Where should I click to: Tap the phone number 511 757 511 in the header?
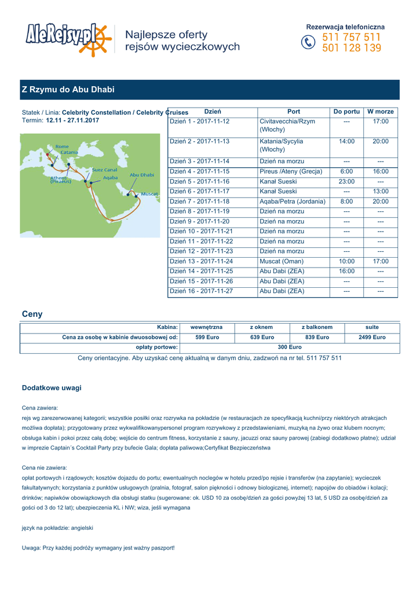(352, 38)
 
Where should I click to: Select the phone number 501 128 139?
(352, 48)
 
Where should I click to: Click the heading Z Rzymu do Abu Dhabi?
(68, 90)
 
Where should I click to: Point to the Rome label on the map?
(62, 147)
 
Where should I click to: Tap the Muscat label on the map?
(149, 193)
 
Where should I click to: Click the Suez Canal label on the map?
(105, 170)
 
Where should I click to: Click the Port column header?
(294, 112)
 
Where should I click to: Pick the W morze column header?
(381, 112)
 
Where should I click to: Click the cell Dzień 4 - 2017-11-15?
(200, 172)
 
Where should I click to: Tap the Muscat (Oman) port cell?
(282, 262)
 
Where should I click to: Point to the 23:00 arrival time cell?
(346, 182)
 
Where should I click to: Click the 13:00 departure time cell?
(381, 192)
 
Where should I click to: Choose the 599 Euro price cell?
(207, 337)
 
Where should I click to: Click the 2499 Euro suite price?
(372, 337)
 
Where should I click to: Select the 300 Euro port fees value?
(290, 347)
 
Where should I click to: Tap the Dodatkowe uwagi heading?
(52, 388)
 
